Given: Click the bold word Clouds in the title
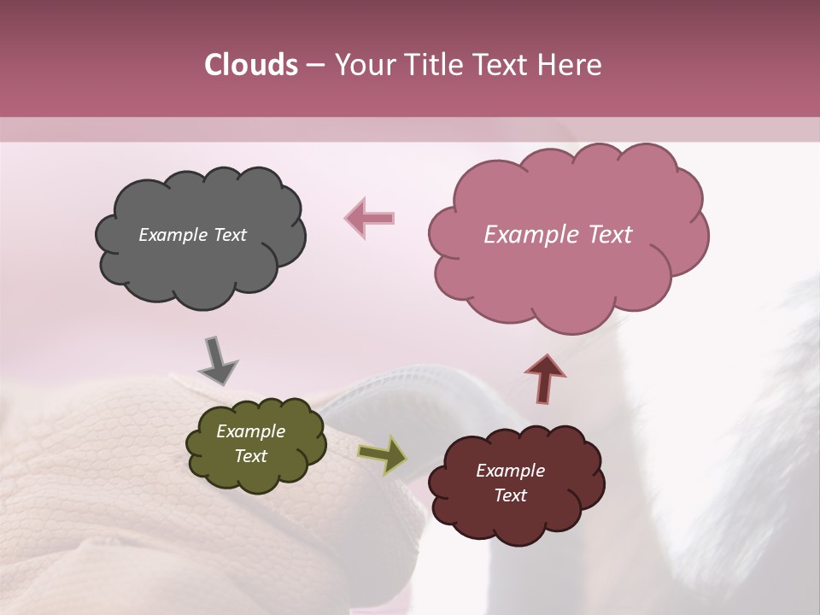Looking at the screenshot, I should point(251,65).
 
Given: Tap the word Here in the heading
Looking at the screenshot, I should point(571,65).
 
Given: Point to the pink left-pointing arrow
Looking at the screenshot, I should point(370,218).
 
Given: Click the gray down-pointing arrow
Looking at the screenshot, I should point(217,360).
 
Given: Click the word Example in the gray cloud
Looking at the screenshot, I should point(171,235).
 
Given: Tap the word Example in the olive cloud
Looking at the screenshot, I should point(250,431).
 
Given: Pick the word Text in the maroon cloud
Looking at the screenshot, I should point(510,495).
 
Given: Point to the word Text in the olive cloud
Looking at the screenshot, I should point(250,456).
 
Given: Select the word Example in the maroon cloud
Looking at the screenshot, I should point(510,471).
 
